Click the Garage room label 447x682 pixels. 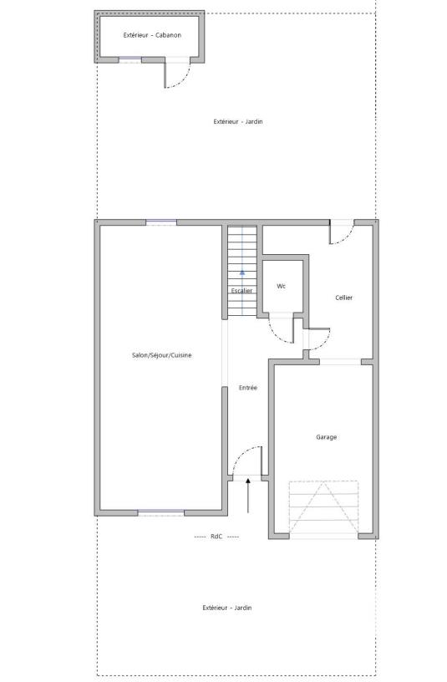[326, 437]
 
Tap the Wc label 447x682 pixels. [282, 286]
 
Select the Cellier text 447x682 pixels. [343, 298]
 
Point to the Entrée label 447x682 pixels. [248, 388]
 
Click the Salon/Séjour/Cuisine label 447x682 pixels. [162, 355]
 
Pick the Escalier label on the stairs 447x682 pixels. [242, 290]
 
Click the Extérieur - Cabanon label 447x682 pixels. [152, 35]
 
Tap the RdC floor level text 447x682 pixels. [216, 536]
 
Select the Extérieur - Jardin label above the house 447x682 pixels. [238, 122]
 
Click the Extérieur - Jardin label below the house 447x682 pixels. [226, 608]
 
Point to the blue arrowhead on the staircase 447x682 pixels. [242, 272]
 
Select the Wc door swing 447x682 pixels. [282, 332]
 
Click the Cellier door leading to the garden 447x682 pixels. [342, 234]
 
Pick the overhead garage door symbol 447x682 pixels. [323, 507]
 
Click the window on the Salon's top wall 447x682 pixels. [161, 222]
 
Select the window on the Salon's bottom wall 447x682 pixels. [161, 512]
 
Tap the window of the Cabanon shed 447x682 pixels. [130, 59]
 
